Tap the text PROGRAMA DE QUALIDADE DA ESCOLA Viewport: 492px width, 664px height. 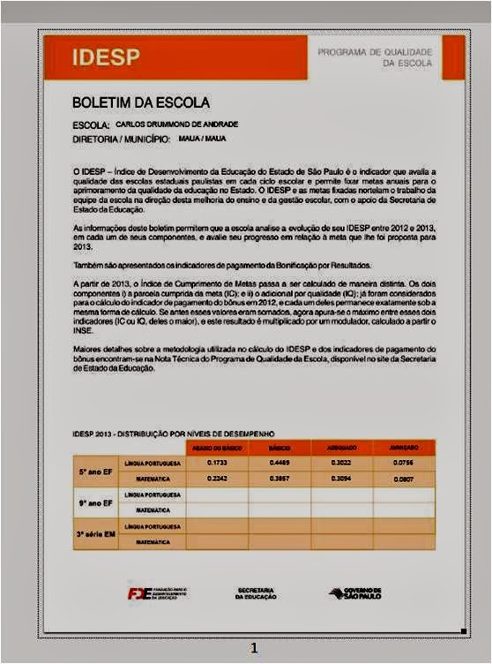click(x=375, y=57)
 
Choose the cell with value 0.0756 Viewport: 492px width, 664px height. click(x=403, y=463)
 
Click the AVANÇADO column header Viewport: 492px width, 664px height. click(x=403, y=449)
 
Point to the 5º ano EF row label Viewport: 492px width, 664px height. click(x=95, y=471)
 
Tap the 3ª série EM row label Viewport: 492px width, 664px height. click(x=95, y=534)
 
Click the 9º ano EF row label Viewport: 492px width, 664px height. click(x=95, y=502)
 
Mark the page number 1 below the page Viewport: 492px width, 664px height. click(x=254, y=648)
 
